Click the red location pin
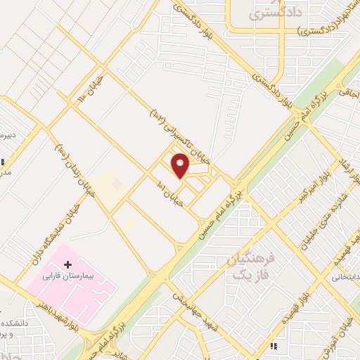click(181, 165)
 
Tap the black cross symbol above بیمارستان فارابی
click(68, 265)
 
